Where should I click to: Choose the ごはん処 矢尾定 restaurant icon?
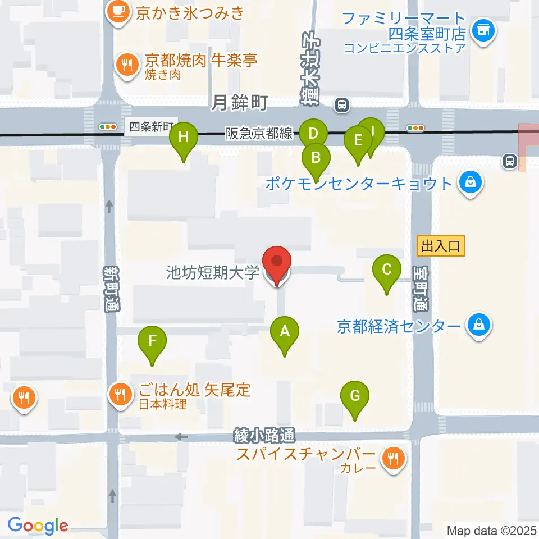(120, 393)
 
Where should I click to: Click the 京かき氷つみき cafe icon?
(118, 11)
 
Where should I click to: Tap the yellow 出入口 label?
(441, 245)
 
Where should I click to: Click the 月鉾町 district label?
(239, 103)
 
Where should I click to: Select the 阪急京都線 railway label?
(259, 133)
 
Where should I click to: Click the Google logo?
(38, 525)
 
